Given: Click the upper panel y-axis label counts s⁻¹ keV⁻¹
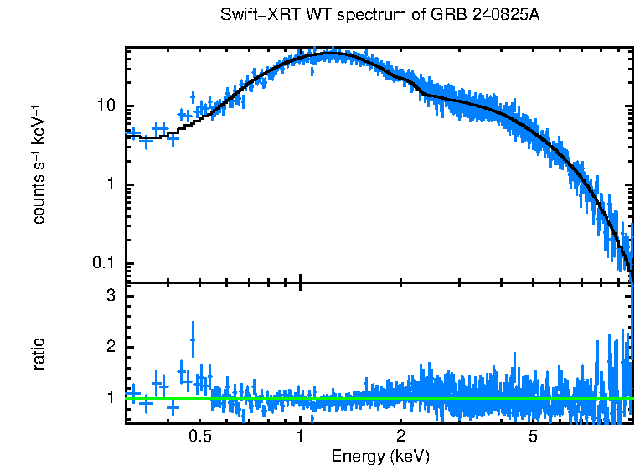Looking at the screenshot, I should (39, 164).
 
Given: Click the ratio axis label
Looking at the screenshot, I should (39, 354).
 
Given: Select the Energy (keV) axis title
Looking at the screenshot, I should (380, 456).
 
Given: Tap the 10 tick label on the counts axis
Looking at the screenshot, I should (106, 106).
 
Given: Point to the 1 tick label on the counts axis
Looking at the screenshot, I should (110, 185).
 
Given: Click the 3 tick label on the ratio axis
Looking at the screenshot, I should (110, 297).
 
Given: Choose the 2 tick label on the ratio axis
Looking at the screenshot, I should (110, 347).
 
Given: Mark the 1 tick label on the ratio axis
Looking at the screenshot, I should (110, 397).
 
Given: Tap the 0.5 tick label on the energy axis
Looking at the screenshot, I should (199, 438).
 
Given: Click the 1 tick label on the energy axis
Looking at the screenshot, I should (300, 438).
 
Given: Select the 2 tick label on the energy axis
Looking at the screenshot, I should (401, 438).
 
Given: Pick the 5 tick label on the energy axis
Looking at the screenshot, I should (534, 438).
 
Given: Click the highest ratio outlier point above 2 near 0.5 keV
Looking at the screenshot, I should (194, 339).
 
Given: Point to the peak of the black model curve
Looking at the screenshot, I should (333, 54).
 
